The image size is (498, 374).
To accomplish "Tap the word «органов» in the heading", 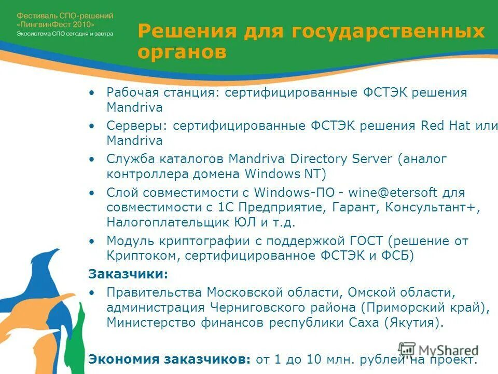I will click(182, 52).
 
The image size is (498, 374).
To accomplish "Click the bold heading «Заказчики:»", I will click(128, 274).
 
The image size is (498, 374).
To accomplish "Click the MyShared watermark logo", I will click(438, 350).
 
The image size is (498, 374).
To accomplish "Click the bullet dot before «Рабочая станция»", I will click(92, 92).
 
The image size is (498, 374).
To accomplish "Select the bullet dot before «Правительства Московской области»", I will click(92, 292).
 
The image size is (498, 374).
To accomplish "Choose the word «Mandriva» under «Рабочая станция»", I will click(134, 108).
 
